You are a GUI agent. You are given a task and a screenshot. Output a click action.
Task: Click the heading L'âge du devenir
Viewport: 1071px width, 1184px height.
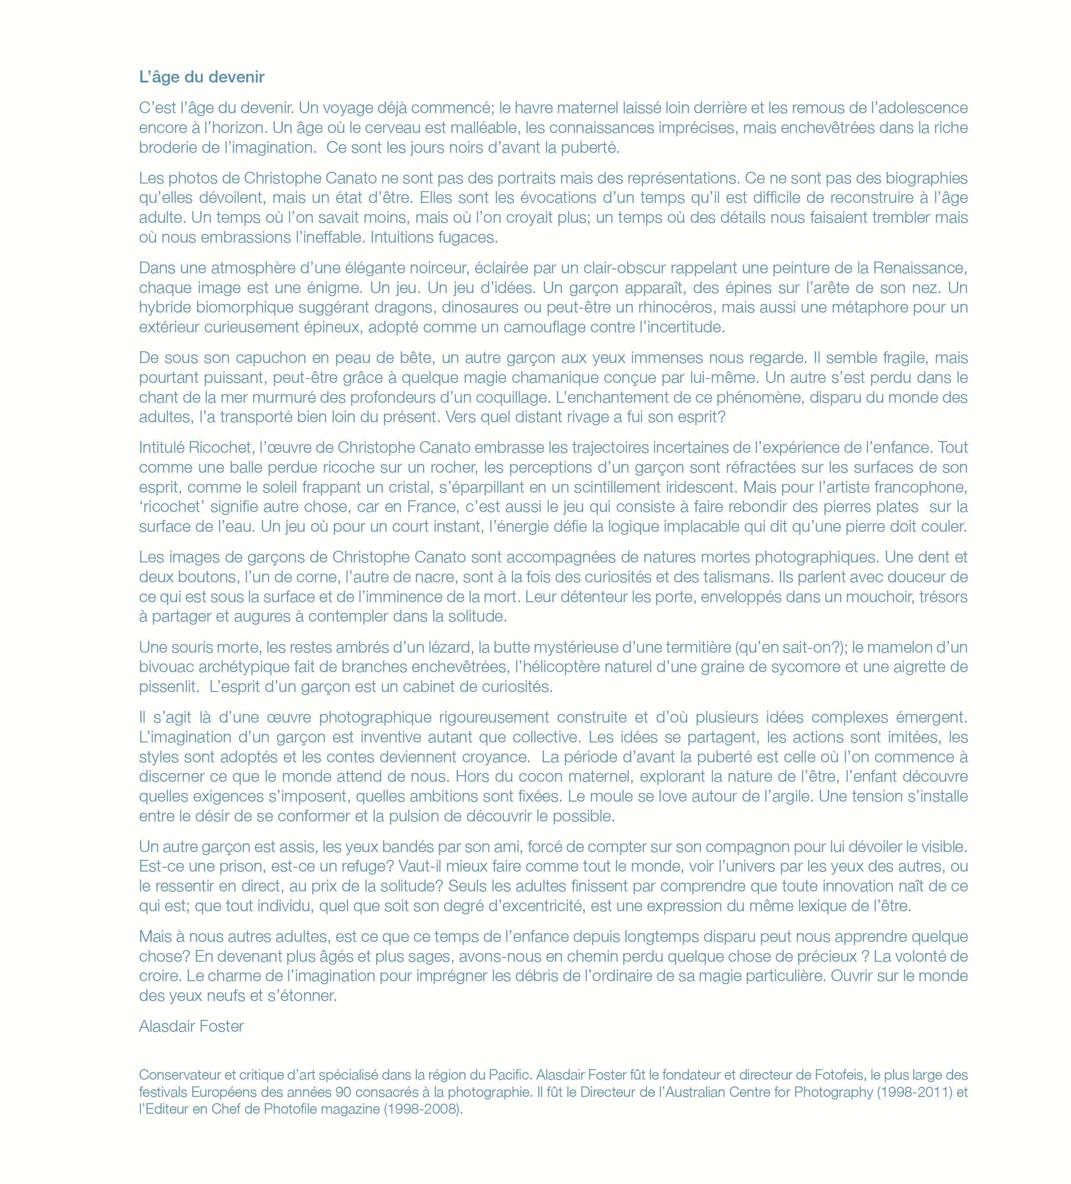pos(202,77)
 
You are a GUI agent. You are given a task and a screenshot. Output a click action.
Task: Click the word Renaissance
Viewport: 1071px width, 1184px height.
pos(920,268)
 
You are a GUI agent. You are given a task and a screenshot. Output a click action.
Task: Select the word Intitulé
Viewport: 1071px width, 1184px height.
pos(162,448)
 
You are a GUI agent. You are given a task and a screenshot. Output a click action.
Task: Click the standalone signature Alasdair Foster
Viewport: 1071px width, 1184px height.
pos(191,1026)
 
